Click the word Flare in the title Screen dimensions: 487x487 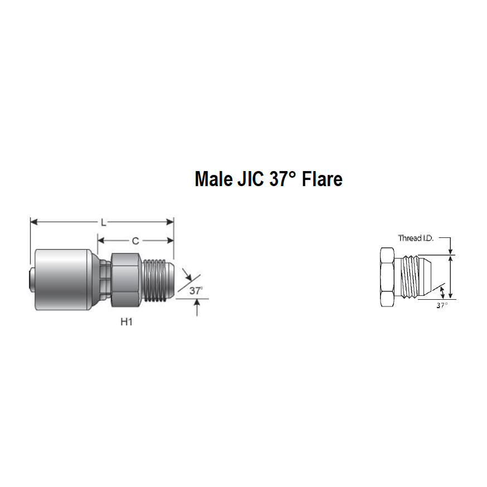[x=323, y=179]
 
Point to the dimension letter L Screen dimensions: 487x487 [x=103, y=222]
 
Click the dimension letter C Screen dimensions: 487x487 [x=135, y=241]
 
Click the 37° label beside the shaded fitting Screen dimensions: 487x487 [x=195, y=290]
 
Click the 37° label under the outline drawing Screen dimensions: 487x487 [x=442, y=306]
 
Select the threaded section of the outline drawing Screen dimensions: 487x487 [x=410, y=277]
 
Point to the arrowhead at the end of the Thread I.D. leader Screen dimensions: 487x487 [x=450, y=252]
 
